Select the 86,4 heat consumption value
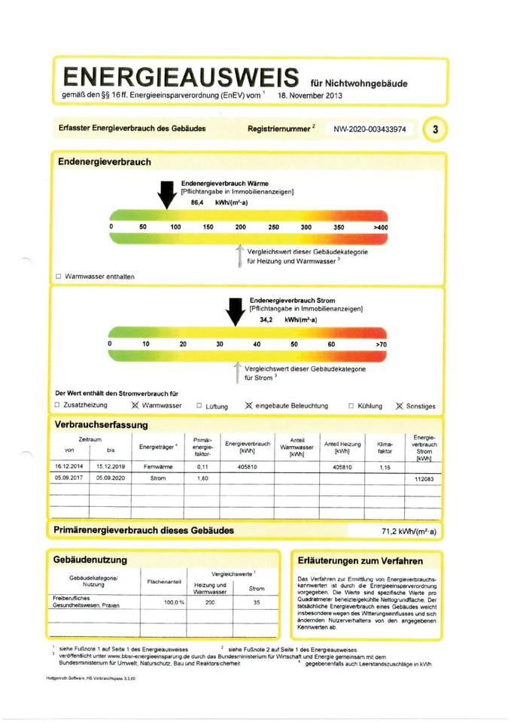pos(198,203)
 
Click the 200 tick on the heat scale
pos(241,227)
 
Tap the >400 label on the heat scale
pos(379,227)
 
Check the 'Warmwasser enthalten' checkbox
pos(59,277)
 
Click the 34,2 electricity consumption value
pos(266,320)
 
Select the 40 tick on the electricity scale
pos(257,344)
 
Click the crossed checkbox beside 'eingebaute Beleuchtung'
pos(248,405)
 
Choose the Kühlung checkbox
pos(351,405)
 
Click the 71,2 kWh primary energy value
pos(409,531)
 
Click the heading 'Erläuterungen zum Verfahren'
pos(360,561)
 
